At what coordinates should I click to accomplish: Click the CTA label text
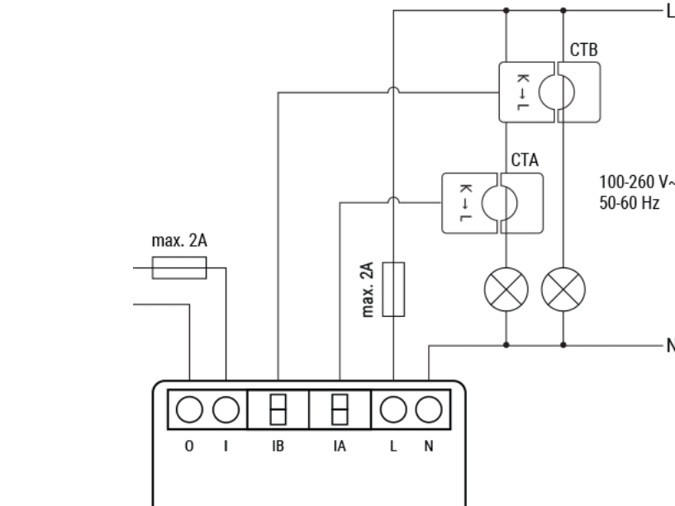525,160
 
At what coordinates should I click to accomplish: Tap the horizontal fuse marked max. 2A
179,267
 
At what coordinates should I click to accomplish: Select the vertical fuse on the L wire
395,289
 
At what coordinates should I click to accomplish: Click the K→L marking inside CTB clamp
522,92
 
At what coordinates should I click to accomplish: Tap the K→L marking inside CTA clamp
464,202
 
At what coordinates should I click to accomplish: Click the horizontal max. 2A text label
178,244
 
